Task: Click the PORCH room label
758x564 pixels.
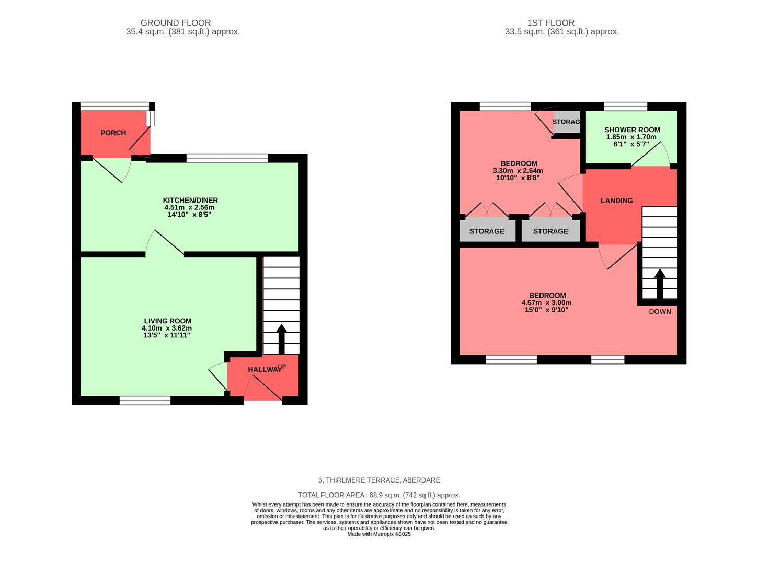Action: coord(113,133)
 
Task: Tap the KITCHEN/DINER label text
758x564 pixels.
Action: coord(190,201)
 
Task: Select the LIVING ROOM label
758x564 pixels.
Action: coord(167,321)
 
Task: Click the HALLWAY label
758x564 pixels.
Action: coord(265,370)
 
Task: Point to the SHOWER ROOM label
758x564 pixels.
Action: coord(632,130)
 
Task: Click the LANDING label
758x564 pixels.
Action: coord(616,201)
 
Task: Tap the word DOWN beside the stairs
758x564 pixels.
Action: coord(660,312)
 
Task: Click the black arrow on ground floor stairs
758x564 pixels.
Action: coord(281,338)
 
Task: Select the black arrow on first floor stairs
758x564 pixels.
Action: coord(660,283)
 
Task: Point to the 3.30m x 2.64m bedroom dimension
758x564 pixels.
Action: coord(518,171)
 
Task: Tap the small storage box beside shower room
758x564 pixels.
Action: coord(567,122)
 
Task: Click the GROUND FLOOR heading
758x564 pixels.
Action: coord(176,23)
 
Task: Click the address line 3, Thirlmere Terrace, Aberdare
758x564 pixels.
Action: coord(379,480)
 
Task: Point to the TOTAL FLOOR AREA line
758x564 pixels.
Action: coord(379,495)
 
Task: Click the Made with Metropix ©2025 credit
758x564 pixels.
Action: coord(379,534)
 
